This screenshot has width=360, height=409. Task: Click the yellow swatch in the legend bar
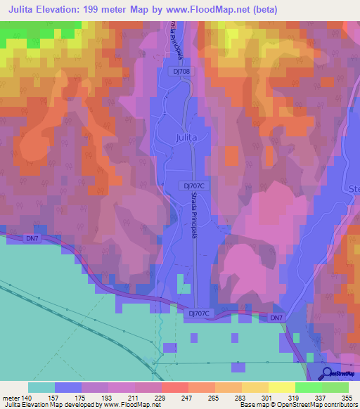pos(281,387)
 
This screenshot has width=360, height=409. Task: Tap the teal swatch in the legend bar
pos(41,387)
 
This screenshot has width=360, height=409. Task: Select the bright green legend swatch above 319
pos(308,387)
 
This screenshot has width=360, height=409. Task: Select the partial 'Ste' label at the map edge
pos(353,189)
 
